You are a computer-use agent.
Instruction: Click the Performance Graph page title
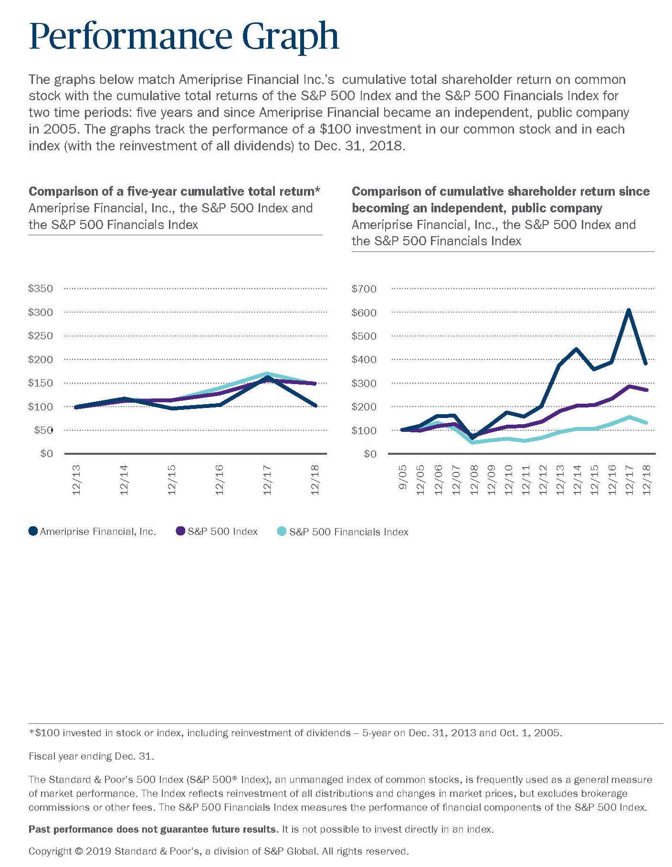pos(184,37)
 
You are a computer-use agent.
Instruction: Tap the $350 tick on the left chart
pos(41,289)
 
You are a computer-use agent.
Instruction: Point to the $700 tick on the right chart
pos(364,289)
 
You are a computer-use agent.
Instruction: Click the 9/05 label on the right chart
pos(403,480)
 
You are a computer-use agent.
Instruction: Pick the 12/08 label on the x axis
pos(474,480)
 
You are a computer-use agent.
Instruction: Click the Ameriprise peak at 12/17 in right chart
pos(629,310)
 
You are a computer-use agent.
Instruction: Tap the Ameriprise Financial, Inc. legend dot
pos(33,531)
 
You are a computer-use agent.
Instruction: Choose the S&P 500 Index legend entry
pos(217,532)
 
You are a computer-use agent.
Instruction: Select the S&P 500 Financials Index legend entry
pos(343,532)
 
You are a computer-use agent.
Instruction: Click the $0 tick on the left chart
pos(46,453)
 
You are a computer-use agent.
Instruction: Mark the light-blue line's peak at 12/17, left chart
pos(267,373)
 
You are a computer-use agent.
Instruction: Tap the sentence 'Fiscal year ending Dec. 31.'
pos(91,756)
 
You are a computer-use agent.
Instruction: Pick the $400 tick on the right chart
pos(364,359)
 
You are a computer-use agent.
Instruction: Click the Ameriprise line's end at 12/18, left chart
pos(315,406)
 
